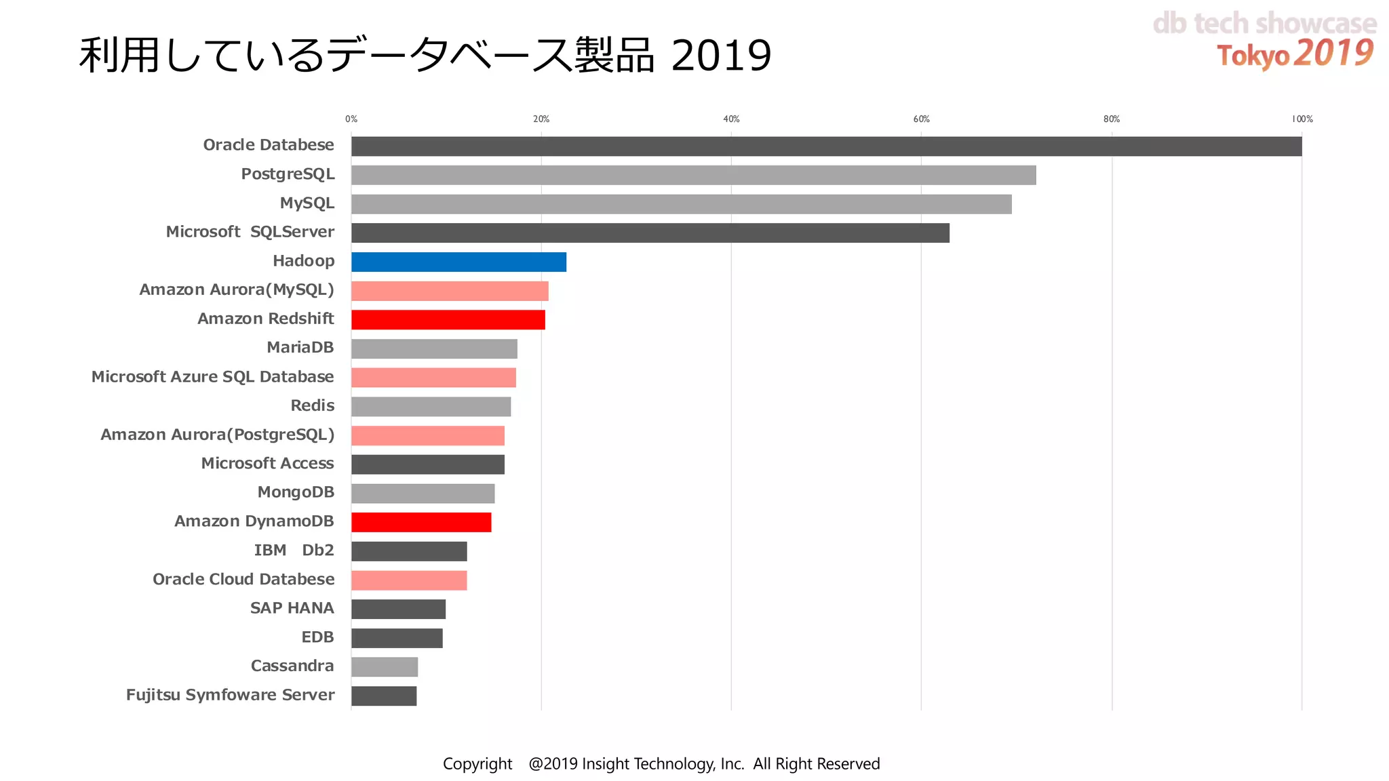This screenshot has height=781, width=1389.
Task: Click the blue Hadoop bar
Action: coord(458,262)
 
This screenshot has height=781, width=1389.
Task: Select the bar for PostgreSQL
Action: coord(693,175)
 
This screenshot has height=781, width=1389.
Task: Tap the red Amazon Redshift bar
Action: coord(448,319)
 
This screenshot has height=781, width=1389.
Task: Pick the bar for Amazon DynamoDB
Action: coord(421,522)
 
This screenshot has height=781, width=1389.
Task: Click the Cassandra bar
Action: coord(385,667)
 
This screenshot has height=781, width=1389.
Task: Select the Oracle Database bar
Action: coord(826,146)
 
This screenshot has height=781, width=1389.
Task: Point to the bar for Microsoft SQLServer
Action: coord(650,233)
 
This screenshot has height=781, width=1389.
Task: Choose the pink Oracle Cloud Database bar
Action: coord(409,580)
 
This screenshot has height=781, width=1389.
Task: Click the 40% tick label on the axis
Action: coord(731,119)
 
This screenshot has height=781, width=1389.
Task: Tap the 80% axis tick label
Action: coord(1111,119)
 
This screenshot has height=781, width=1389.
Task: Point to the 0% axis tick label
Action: coord(351,119)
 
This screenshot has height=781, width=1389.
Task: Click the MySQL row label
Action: coord(307,203)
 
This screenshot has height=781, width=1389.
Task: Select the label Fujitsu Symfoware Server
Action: coord(230,695)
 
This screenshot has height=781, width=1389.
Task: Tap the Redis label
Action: coord(312,405)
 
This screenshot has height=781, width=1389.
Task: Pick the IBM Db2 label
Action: coord(294,550)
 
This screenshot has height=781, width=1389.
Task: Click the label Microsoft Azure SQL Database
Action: coord(212,377)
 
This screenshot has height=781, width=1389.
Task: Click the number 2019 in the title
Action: coord(721,56)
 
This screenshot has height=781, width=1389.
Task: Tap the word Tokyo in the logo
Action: coord(1252,56)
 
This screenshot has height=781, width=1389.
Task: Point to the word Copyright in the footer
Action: coord(477,764)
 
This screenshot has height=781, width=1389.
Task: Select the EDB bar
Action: coord(397,638)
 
